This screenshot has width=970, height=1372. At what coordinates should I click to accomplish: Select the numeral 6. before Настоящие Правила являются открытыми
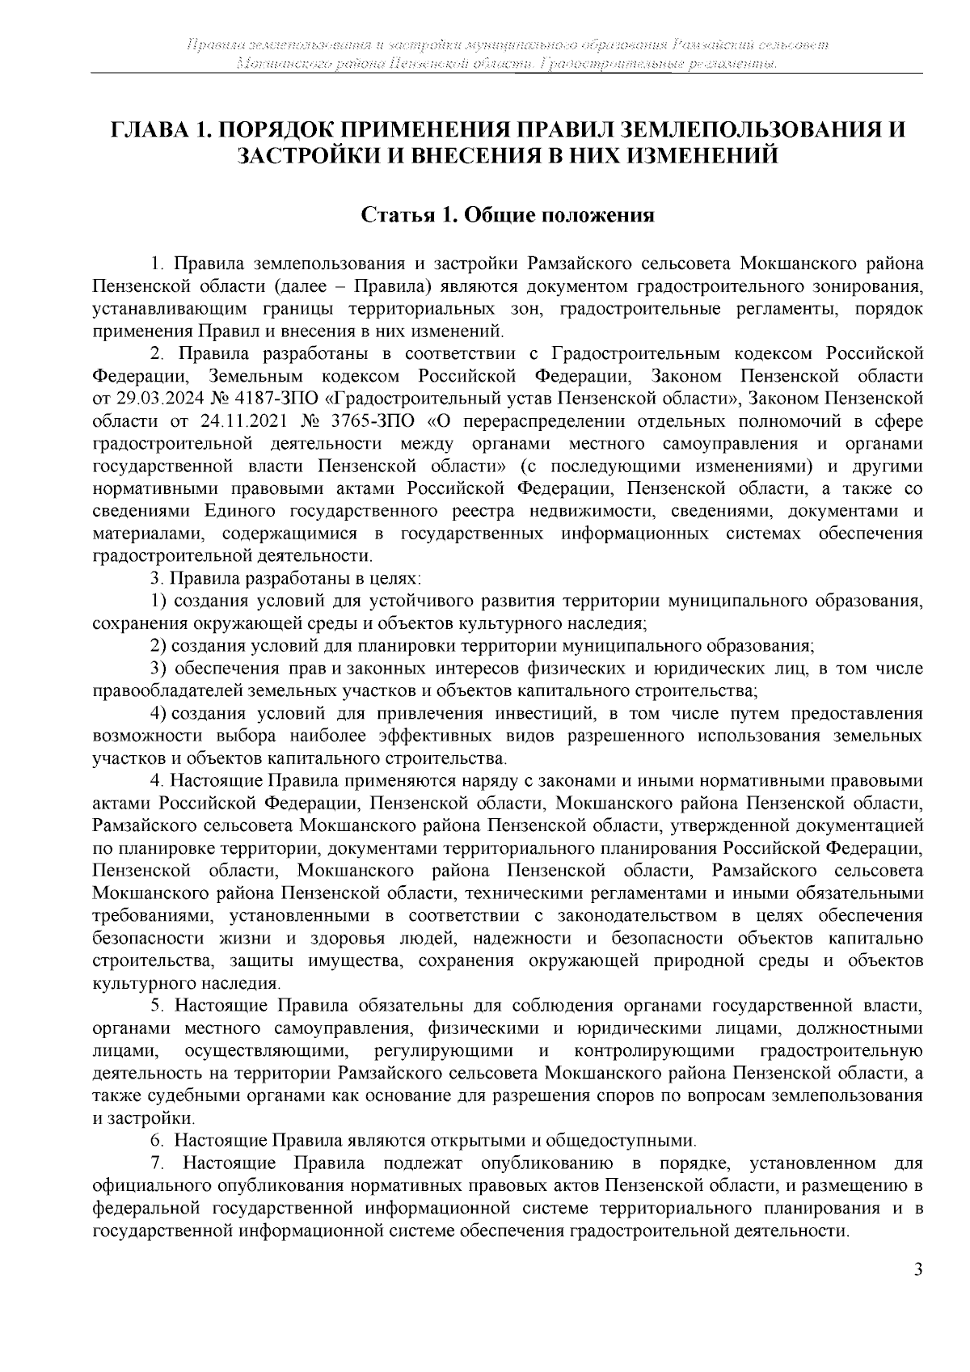coord(158,1142)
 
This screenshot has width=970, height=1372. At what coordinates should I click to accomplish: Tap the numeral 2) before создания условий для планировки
coord(159,646)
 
